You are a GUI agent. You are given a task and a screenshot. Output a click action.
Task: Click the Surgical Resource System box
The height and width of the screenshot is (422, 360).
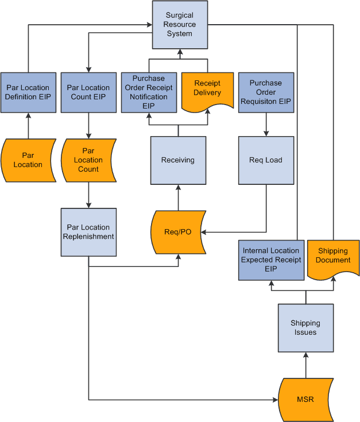click(x=180, y=25)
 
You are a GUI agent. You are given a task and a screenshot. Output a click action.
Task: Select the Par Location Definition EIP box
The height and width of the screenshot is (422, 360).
click(x=28, y=92)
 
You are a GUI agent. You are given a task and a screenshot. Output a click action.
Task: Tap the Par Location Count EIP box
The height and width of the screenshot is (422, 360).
click(x=88, y=92)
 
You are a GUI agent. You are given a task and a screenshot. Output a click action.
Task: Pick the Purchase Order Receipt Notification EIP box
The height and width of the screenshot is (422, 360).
click(x=148, y=92)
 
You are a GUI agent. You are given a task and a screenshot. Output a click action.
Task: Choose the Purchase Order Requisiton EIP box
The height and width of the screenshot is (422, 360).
click(x=266, y=92)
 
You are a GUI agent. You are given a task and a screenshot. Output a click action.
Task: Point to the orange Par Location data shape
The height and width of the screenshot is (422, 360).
click(x=28, y=160)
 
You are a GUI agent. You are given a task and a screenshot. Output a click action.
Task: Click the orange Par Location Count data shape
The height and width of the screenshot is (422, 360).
click(x=88, y=160)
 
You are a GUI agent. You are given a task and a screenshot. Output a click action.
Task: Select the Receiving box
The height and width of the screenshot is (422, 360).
click(x=178, y=160)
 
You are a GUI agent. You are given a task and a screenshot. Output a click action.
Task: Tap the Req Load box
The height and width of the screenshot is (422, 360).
click(x=266, y=160)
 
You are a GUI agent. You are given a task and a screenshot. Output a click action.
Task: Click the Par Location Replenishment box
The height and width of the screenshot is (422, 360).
click(x=88, y=232)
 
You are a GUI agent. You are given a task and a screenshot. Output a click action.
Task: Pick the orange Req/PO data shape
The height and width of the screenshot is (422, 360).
click(x=178, y=232)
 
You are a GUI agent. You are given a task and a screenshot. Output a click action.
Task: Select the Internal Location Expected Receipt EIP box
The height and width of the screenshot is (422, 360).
click(x=271, y=260)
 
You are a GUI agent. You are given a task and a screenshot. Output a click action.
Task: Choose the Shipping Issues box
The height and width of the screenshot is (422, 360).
click(x=305, y=328)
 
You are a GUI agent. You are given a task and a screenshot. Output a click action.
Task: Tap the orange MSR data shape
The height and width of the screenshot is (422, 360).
click(x=305, y=399)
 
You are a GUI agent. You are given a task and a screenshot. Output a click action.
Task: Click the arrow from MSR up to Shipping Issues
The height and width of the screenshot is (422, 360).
click(x=305, y=365)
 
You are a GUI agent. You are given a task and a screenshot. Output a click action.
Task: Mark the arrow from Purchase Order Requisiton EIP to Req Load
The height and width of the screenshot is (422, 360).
click(x=266, y=123)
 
